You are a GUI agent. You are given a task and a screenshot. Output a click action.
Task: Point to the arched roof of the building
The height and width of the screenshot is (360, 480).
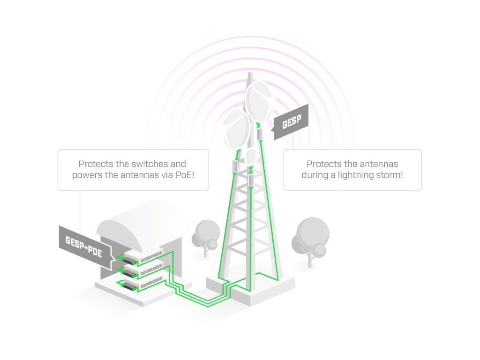141,220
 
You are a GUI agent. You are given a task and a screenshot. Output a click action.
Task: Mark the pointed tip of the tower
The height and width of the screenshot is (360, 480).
250,75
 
